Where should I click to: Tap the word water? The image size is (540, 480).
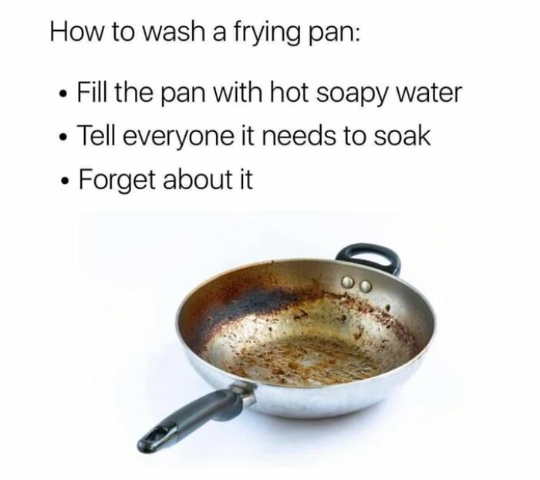click(x=429, y=93)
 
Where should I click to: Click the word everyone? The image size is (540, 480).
click(x=177, y=138)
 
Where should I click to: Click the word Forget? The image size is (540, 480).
click(x=116, y=181)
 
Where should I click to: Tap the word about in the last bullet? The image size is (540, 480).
click(x=197, y=179)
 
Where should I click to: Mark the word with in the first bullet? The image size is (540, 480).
click(x=238, y=93)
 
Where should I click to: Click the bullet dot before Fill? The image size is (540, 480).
click(x=62, y=93)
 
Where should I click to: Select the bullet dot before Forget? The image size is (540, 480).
click(x=64, y=181)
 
